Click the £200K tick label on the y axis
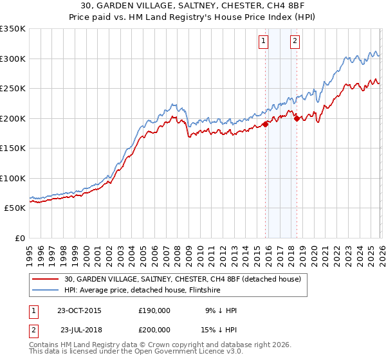coord(12,118)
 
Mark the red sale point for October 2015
coord(266,124)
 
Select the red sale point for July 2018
coord(297,118)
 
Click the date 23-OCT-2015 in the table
coord(80,310)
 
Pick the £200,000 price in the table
coord(154,330)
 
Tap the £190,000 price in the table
coord(154,310)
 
